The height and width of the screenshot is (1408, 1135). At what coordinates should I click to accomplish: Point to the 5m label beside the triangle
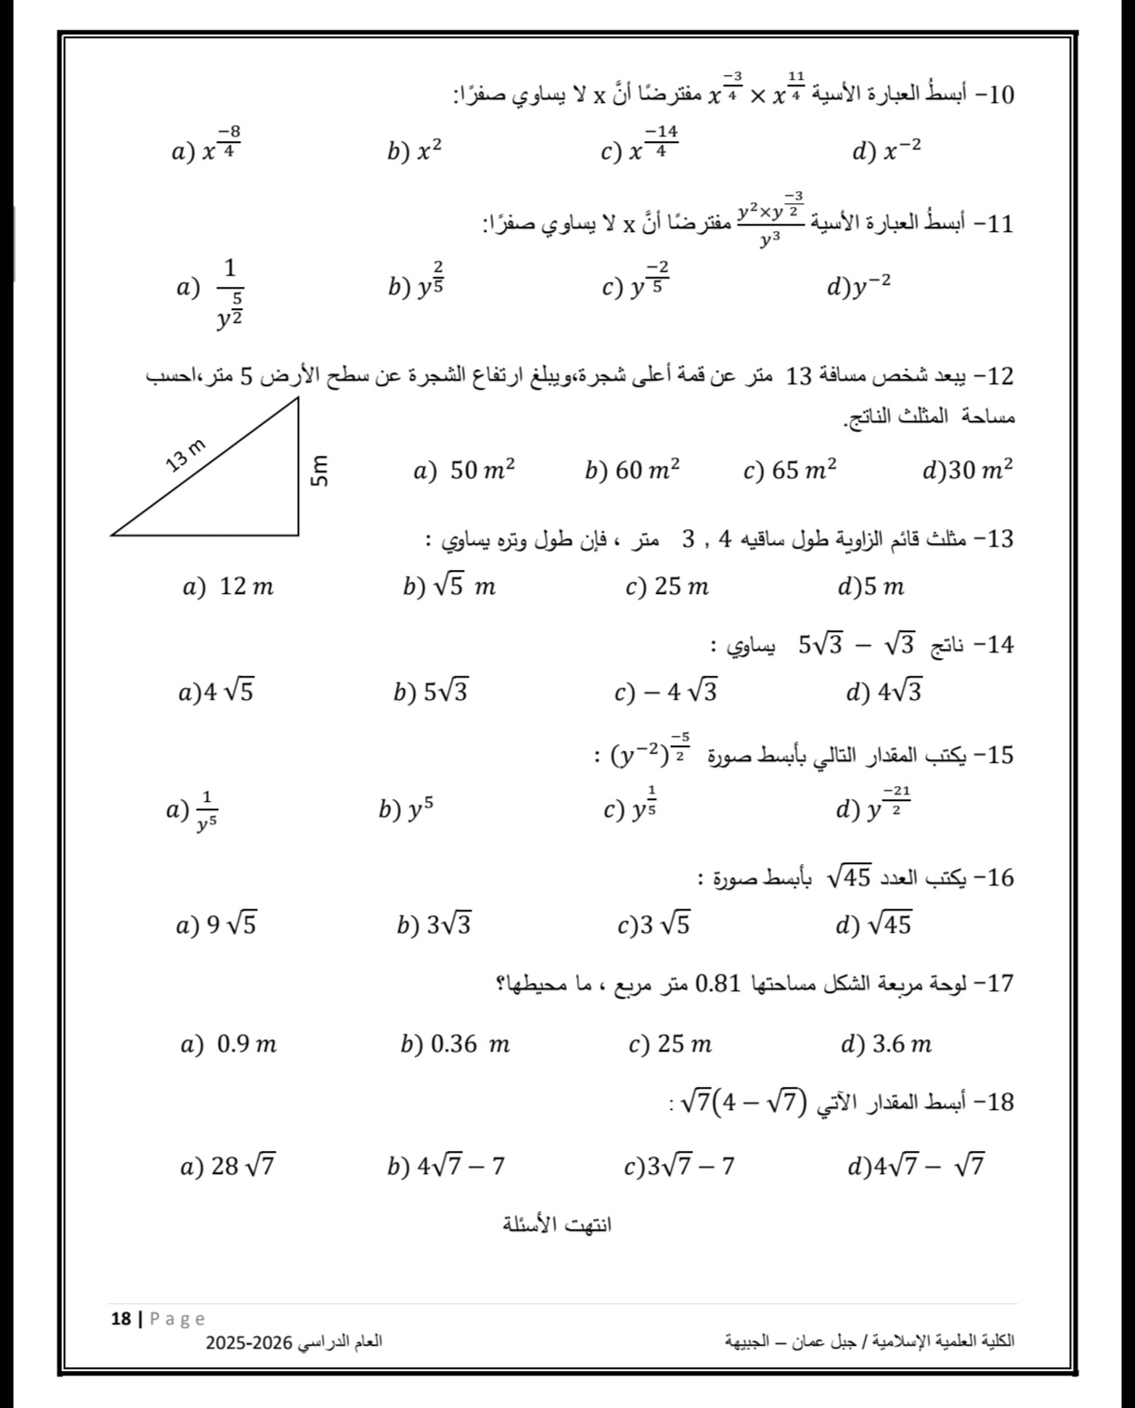coord(318,469)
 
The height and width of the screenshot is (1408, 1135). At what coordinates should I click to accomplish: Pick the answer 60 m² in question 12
coord(634,471)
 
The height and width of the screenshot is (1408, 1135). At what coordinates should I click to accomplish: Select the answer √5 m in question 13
coord(450,587)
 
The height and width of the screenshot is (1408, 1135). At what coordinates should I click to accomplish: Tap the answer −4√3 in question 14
coord(667,691)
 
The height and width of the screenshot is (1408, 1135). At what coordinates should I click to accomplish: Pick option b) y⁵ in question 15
coord(406,809)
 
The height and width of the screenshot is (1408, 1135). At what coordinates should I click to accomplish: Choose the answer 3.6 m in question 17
coord(886,1045)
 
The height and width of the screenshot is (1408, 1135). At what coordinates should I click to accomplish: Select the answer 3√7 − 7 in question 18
coord(679,1166)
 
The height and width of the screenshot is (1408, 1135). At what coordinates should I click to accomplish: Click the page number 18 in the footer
coord(121,1318)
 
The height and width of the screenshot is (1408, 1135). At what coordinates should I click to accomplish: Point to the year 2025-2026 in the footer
coord(249,1342)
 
